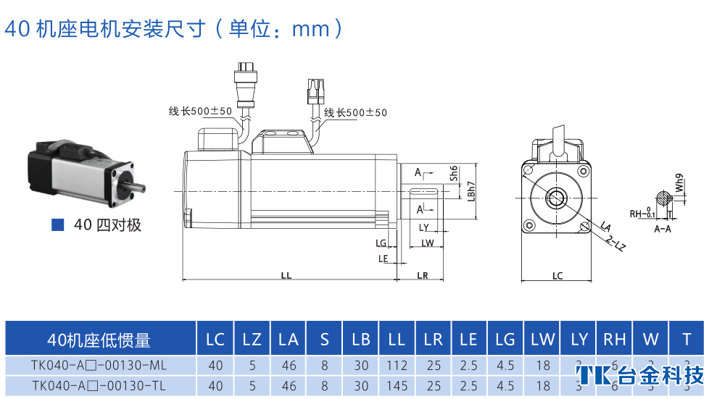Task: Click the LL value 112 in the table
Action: tap(397, 366)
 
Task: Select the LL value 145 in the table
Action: tap(397, 386)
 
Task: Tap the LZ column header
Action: tap(252, 339)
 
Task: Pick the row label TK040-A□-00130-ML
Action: tap(99, 366)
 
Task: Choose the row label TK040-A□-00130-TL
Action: tap(99, 386)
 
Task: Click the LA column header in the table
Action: tap(288, 339)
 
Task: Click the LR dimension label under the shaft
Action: tap(423, 276)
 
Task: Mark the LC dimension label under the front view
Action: tap(557, 276)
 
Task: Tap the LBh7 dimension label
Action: tap(471, 190)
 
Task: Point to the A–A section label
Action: tap(662, 228)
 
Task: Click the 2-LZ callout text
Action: tap(615, 243)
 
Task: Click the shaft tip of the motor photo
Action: tap(140, 190)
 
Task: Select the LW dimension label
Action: tap(427, 243)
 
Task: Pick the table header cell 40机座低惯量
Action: tap(99, 339)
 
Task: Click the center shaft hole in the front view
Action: tap(557, 196)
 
